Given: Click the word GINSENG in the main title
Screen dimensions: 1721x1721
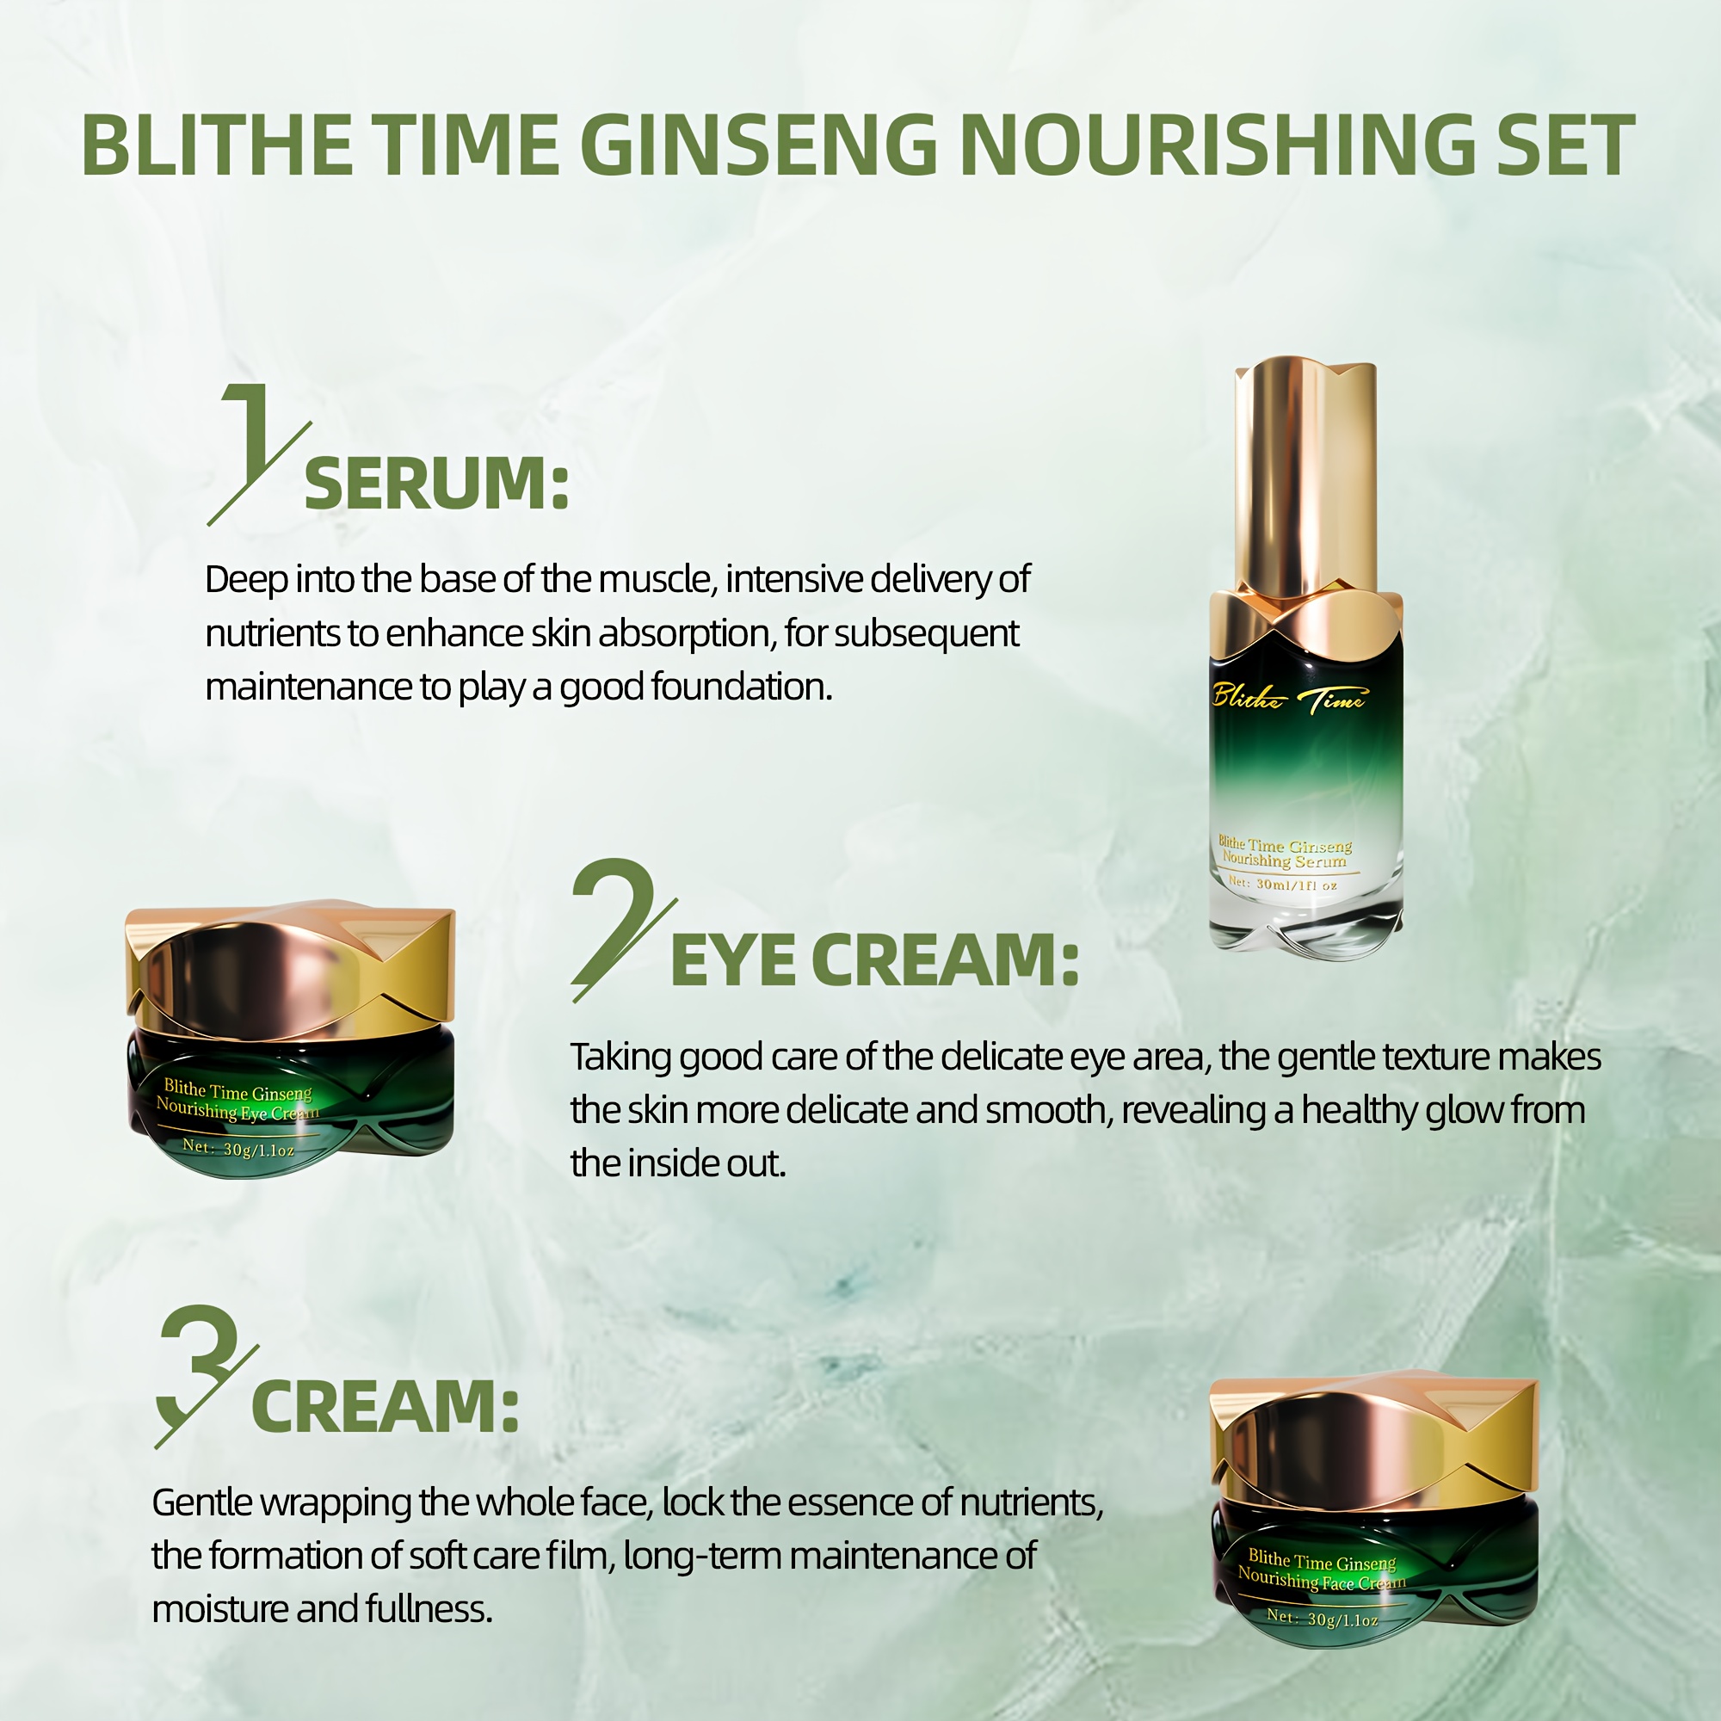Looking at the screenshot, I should [x=758, y=145].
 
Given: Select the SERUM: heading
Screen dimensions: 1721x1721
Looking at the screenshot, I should [x=435, y=484].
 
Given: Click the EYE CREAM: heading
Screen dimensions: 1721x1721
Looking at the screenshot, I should [x=874, y=961].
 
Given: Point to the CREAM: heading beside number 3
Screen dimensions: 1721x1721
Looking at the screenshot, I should [x=385, y=1407].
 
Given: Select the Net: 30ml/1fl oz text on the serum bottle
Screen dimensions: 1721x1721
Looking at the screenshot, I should [x=1283, y=885].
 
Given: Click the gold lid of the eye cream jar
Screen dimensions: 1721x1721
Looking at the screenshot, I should [x=290, y=971].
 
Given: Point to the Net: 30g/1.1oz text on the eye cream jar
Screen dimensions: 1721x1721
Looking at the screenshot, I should [x=237, y=1149].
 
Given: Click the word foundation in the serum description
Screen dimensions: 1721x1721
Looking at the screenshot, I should [x=741, y=687].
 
